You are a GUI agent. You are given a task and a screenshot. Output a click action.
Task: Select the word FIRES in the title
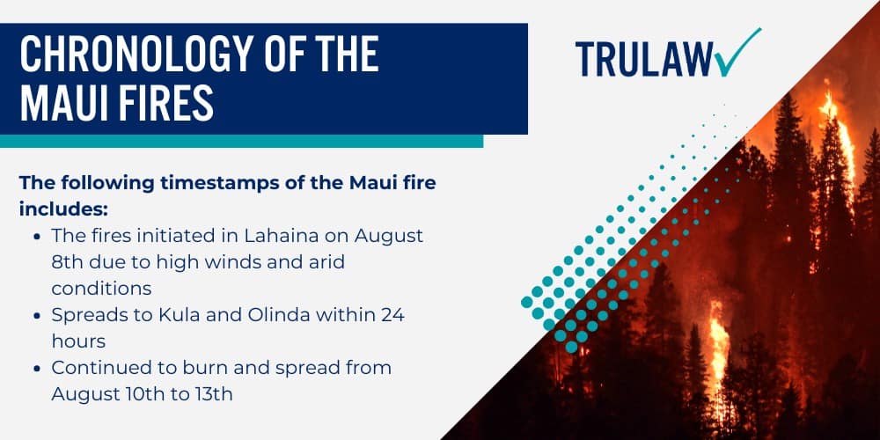coord(167,103)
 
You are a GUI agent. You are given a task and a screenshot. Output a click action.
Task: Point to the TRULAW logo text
coord(643,58)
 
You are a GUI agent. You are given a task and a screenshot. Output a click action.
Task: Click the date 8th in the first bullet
coord(68,261)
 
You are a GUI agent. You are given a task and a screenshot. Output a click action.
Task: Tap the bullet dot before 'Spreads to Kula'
coord(35,315)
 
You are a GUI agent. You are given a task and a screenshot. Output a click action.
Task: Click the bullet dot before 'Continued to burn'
coord(35,367)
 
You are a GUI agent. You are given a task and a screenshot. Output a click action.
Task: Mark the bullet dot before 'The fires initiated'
coord(35,237)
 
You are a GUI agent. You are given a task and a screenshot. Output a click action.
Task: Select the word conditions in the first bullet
coord(101,288)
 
